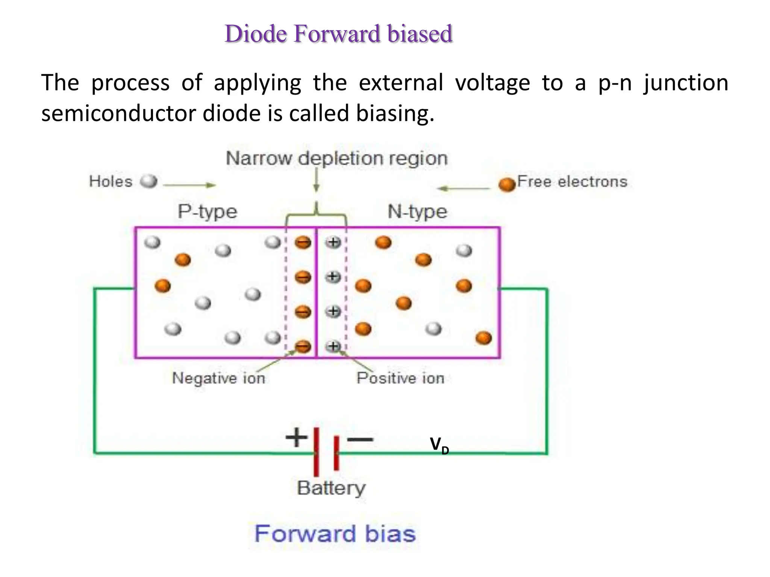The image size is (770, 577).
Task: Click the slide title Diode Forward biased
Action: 338,34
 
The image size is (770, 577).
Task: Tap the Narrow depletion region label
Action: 337,158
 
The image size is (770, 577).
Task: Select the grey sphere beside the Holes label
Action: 149,181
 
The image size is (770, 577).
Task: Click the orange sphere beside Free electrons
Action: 507,184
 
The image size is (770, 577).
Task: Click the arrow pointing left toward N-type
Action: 464,188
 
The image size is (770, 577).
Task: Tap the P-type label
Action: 208,211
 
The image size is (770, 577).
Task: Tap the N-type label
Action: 417,211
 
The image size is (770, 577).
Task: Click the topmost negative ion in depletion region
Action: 303,242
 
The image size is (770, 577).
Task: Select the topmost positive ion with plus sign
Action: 333,242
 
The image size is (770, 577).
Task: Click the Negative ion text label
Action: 218,378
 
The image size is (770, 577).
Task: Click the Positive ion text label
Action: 400,378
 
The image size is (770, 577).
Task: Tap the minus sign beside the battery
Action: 360,439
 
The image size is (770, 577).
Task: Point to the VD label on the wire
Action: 439,446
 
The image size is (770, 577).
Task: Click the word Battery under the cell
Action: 331,488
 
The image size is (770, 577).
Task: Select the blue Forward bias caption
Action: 335,534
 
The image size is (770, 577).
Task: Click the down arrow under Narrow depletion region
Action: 317,180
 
